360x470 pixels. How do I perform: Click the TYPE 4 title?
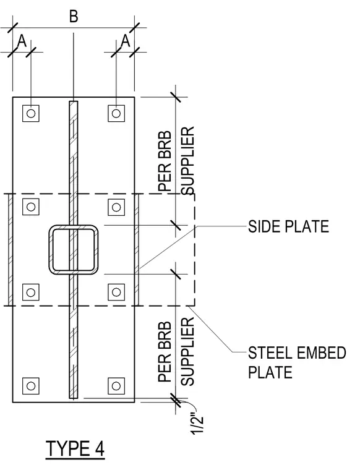(x=75, y=449)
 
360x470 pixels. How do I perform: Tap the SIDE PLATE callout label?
(x=288, y=226)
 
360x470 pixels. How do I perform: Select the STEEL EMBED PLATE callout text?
(x=297, y=362)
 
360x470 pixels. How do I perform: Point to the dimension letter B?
(x=74, y=16)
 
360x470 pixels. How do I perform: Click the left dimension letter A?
(x=22, y=41)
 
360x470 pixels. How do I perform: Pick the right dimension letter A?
(x=126, y=41)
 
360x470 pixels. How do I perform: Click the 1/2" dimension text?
(x=197, y=424)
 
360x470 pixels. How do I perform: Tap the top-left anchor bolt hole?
(x=31, y=113)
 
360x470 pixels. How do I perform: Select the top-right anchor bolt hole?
(x=116, y=113)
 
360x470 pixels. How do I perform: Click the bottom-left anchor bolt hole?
(x=31, y=386)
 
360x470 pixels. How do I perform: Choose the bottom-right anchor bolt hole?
(x=116, y=386)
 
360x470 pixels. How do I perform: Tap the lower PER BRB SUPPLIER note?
(x=176, y=352)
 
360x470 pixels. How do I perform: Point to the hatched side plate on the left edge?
(x=11, y=250)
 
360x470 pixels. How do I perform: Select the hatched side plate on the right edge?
(x=137, y=250)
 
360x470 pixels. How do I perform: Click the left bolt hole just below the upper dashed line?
(x=31, y=207)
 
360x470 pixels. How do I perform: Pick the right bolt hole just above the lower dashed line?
(x=116, y=292)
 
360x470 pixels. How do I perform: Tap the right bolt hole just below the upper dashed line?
(x=116, y=207)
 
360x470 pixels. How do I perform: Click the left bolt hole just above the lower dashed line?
(x=31, y=292)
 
